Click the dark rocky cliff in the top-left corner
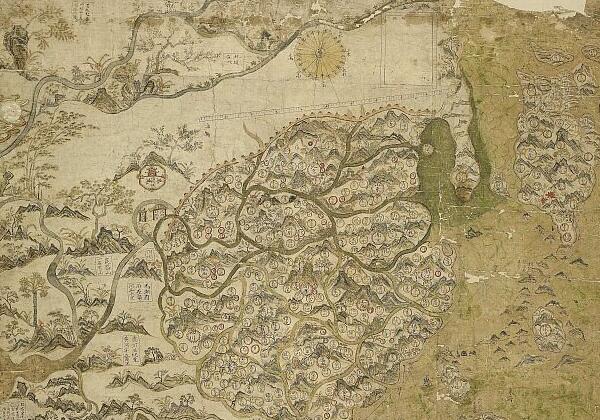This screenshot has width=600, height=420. pos(15,45)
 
